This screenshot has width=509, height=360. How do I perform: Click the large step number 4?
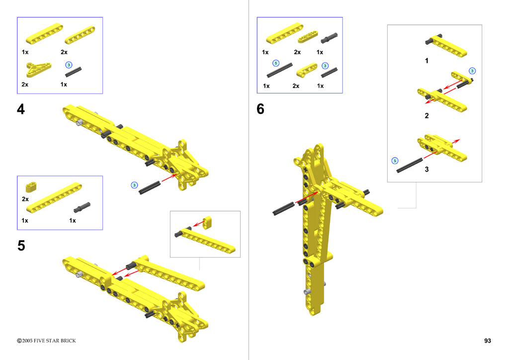click(21, 109)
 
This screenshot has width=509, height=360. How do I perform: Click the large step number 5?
click(21, 246)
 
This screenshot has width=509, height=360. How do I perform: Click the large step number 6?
click(260, 109)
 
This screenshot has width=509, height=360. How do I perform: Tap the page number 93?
click(487, 341)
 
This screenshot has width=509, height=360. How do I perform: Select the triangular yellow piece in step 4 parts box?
click(38, 69)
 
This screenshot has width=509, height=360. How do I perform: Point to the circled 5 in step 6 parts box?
click(275, 63)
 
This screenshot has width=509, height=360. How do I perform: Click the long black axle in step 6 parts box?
click(279, 71)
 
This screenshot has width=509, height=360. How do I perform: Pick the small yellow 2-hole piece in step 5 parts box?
click(31, 187)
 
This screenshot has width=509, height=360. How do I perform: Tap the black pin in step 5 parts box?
click(82, 207)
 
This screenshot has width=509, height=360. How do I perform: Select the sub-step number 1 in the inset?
click(426, 61)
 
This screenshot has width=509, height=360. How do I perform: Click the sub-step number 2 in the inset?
click(426, 116)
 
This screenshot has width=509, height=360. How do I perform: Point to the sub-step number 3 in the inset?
click(426, 170)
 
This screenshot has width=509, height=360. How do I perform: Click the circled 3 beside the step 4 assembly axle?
click(134, 185)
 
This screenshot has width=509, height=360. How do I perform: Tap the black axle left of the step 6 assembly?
click(283, 208)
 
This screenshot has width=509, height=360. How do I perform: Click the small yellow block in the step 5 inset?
click(207, 223)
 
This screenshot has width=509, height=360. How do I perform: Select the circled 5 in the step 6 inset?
click(395, 161)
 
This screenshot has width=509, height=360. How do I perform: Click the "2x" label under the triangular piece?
click(25, 85)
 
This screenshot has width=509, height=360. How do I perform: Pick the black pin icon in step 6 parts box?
click(329, 38)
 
